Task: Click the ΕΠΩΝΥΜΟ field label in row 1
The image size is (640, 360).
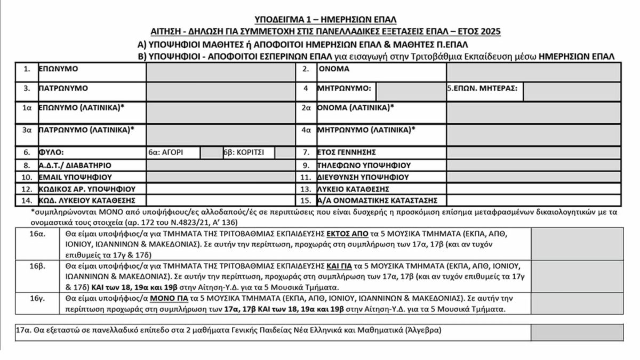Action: (x=59, y=69)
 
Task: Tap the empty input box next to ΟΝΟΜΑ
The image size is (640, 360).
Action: (x=533, y=72)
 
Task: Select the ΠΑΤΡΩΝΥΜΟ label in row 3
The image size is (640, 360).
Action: (x=63, y=88)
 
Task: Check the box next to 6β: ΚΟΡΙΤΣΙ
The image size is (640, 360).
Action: (x=284, y=153)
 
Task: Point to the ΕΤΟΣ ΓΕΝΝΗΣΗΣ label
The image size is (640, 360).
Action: (x=347, y=153)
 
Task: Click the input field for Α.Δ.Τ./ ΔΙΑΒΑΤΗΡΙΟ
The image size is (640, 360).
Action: (x=220, y=165)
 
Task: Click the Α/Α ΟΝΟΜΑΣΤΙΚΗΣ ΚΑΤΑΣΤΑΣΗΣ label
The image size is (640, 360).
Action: (x=378, y=201)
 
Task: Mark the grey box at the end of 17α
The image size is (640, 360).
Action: (x=577, y=332)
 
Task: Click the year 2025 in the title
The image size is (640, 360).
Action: (x=489, y=31)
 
